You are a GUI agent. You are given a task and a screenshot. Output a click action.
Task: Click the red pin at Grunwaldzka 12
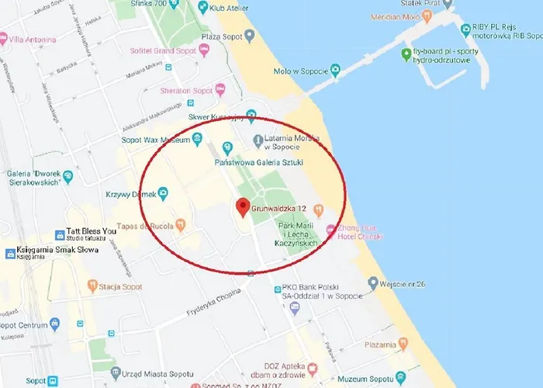[x=243, y=207]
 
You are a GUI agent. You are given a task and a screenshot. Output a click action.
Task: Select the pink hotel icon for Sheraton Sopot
[x=220, y=90]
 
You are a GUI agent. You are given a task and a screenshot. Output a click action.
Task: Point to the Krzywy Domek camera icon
[x=163, y=193]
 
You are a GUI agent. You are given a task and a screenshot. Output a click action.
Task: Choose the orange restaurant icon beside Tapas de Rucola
[x=181, y=225]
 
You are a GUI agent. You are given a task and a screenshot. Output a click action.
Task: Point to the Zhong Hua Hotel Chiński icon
[x=331, y=230]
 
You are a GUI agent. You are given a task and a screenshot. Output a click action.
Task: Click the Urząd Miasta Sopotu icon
[x=116, y=372]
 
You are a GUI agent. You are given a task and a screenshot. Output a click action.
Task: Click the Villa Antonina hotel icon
[x=4, y=38]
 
